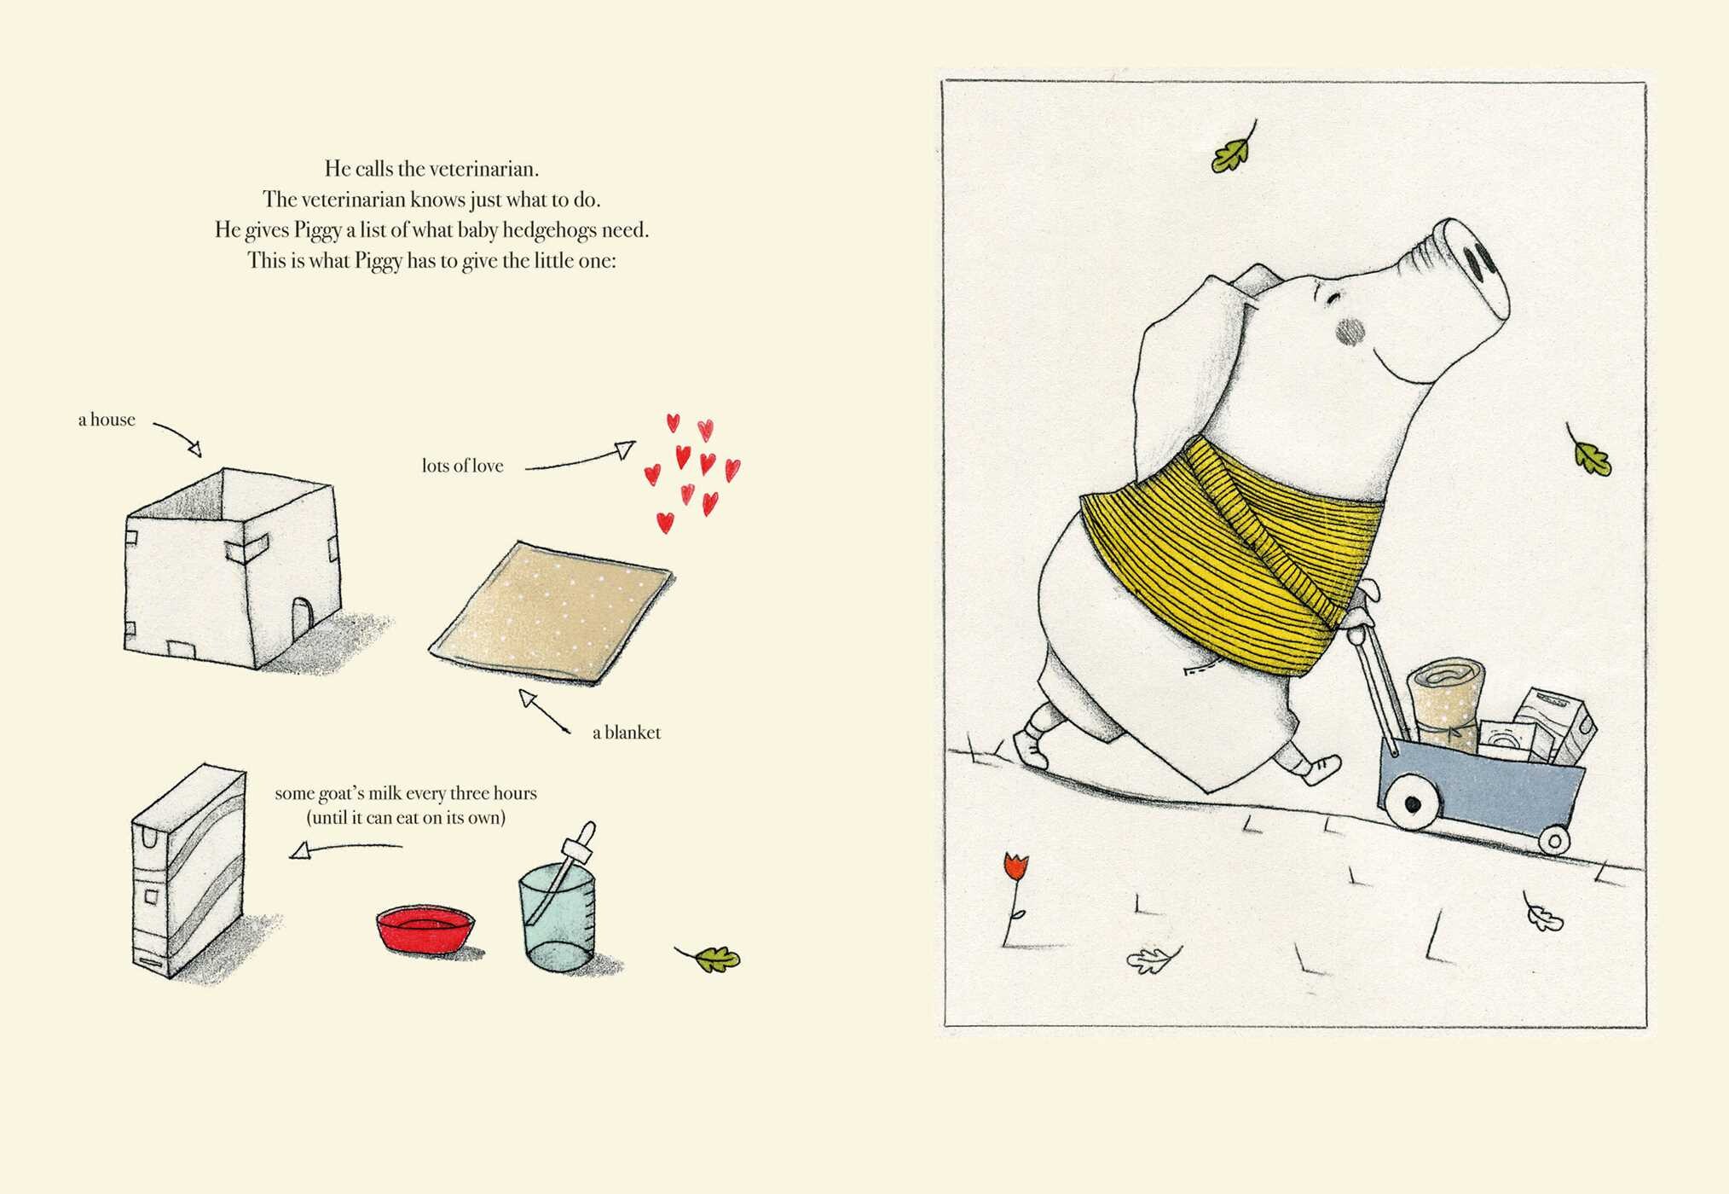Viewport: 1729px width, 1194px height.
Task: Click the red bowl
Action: click(425, 930)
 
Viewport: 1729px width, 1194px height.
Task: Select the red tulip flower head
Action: click(1015, 866)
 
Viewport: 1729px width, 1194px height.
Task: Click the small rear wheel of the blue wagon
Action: click(1554, 840)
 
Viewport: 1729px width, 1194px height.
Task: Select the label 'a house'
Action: click(107, 420)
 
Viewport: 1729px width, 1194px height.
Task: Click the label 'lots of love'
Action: click(463, 466)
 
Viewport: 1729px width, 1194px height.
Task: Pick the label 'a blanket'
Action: click(627, 733)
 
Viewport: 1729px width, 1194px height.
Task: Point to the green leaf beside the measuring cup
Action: click(710, 958)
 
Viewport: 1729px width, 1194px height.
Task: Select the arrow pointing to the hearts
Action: click(580, 457)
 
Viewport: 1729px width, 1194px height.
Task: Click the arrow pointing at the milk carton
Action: click(345, 849)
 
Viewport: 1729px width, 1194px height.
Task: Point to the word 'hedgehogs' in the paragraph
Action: click(549, 230)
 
